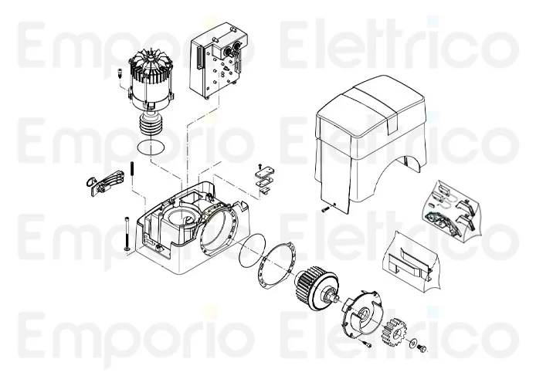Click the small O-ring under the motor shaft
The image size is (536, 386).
[x=150, y=147]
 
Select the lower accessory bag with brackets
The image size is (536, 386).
[x=413, y=259]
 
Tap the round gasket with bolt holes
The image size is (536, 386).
[x=278, y=267]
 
